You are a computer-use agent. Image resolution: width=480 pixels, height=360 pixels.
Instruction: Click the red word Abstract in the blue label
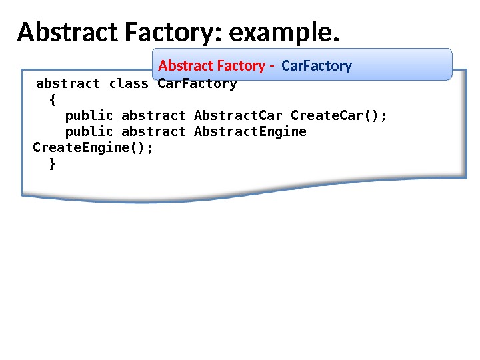pyautogui.click(x=181, y=65)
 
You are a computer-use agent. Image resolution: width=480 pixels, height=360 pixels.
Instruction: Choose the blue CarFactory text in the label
pyautogui.click(x=317, y=65)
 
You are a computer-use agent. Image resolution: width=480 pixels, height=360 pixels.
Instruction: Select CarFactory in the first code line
pyautogui.click(x=197, y=84)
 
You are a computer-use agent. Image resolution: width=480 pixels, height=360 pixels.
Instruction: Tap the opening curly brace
pyautogui.click(x=53, y=100)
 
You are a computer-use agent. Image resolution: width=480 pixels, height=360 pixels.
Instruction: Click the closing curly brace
pyautogui.click(x=53, y=164)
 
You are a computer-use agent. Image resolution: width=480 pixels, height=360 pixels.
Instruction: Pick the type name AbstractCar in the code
pyautogui.click(x=238, y=116)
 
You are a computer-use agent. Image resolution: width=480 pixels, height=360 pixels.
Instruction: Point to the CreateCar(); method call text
pyautogui.click(x=339, y=116)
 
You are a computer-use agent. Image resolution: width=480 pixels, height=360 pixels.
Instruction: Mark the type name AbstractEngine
pyautogui.click(x=250, y=132)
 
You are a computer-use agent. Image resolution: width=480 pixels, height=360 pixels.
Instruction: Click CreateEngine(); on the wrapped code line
pyautogui.click(x=93, y=148)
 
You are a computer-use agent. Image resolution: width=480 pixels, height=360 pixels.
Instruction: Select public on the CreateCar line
pyautogui.click(x=89, y=116)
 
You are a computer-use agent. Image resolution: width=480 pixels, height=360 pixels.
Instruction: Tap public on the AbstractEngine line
pyautogui.click(x=89, y=132)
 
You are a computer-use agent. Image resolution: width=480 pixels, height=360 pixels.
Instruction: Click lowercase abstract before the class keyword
pyautogui.click(x=68, y=84)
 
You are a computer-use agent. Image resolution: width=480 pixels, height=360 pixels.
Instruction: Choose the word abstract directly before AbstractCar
pyautogui.click(x=153, y=116)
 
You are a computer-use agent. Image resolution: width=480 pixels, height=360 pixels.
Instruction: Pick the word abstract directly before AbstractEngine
pyautogui.click(x=153, y=132)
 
